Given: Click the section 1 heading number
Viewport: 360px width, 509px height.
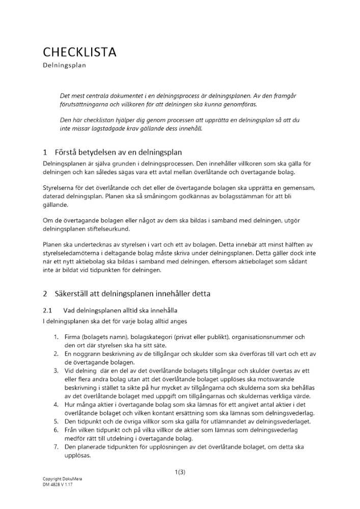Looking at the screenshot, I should click(x=45, y=152).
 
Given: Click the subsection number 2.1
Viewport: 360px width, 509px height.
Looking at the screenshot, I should click(x=47, y=310).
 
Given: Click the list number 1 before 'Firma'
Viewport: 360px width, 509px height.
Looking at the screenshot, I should click(x=57, y=337).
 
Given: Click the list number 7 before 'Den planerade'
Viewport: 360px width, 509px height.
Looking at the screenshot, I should click(x=57, y=446).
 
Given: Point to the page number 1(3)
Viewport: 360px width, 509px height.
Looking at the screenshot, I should click(x=180, y=472).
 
